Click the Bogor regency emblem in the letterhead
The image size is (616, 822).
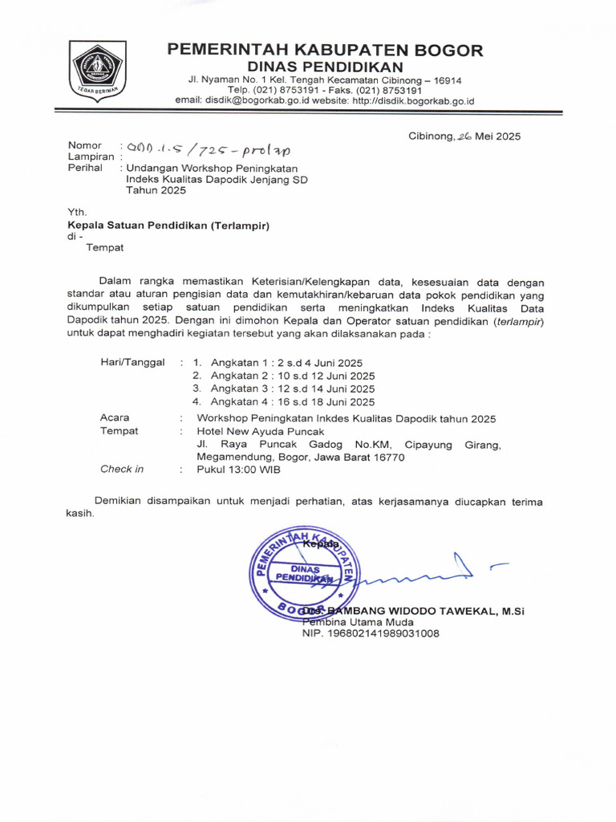pyautogui.click(x=96, y=71)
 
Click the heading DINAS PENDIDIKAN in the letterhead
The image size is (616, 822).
pyautogui.click(x=325, y=66)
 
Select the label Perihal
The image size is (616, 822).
pyautogui.click(x=85, y=168)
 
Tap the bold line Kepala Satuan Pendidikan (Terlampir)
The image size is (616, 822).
pyautogui.click(x=168, y=226)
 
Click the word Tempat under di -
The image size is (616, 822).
pyautogui.click(x=104, y=247)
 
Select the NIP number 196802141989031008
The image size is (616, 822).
pyautogui.click(x=371, y=633)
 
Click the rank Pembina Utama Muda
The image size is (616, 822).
pyautogui.click(x=358, y=621)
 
